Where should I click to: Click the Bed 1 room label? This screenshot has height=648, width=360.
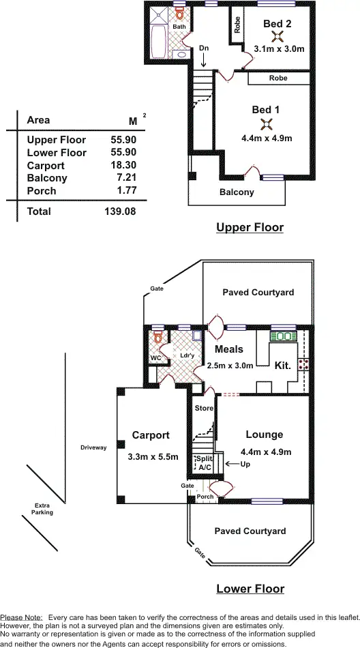(x=266, y=110)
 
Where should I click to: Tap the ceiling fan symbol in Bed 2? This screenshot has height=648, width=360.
(x=277, y=37)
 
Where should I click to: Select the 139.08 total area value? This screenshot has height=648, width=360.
(x=120, y=212)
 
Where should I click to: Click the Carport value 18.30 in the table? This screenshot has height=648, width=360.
(x=123, y=166)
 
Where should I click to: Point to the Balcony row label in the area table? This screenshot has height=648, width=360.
(x=47, y=178)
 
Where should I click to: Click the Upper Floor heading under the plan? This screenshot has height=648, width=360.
(x=250, y=228)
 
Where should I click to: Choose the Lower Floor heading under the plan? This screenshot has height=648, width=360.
(x=250, y=589)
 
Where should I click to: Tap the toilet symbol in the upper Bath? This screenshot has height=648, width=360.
(x=180, y=14)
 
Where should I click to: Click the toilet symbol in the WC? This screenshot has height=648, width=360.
(x=157, y=337)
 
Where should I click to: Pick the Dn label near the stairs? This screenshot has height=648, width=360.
(x=204, y=48)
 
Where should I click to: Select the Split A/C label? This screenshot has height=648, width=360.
(x=204, y=463)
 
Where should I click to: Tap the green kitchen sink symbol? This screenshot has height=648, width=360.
(x=283, y=336)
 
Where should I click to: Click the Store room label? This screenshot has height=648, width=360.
(x=204, y=409)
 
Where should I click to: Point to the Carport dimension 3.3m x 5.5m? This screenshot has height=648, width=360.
(x=153, y=457)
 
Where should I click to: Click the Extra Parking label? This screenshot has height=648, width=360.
(x=42, y=509)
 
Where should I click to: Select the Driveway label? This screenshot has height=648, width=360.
(x=93, y=447)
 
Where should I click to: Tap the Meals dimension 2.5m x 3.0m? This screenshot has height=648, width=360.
(x=230, y=366)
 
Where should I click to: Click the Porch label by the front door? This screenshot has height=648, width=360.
(x=205, y=497)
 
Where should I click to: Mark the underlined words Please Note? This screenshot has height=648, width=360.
(x=21, y=617)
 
